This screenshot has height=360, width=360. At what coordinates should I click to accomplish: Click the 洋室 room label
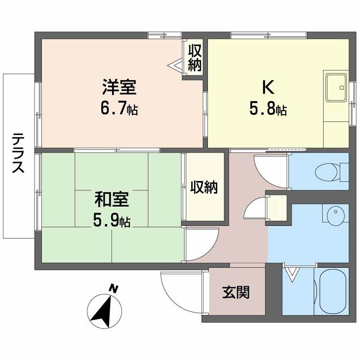pyautogui.click(x=119, y=87)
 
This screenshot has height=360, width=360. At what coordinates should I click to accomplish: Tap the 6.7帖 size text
pyautogui.click(x=119, y=109)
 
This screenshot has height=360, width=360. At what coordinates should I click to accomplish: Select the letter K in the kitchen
pyautogui.click(x=269, y=87)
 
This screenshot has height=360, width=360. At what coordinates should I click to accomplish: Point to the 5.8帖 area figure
pyautogui.click(x=269, y=109)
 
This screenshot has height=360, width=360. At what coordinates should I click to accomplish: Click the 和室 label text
pyautogui.click(x=112, y=198)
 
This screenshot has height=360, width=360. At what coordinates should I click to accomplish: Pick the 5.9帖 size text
pyautogui.click(x=112, y=221)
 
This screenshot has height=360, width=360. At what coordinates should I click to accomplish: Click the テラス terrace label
pyautogui.click(x=18, y=153)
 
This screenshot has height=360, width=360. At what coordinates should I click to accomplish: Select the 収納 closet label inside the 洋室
pyautogui.click(x=194, y=58)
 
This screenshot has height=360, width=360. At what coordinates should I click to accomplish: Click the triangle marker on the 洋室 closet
pyautogui.click(x=175, y=66)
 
